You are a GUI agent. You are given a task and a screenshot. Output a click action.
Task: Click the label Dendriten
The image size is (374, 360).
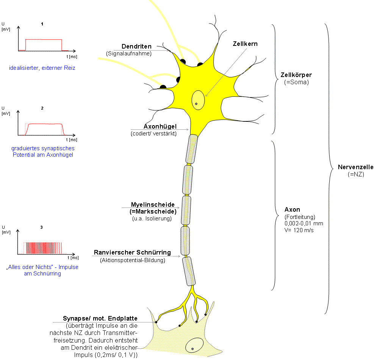136,47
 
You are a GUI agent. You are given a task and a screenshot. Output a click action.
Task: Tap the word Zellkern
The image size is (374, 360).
245,44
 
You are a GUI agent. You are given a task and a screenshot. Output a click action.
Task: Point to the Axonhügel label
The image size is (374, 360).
160,127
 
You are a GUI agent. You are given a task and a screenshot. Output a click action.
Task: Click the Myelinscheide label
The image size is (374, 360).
153,205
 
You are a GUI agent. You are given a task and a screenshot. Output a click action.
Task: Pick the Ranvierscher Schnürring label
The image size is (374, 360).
132,253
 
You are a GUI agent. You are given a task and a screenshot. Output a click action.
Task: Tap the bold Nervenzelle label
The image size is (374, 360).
355,167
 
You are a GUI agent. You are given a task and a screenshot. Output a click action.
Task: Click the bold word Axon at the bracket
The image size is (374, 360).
292,209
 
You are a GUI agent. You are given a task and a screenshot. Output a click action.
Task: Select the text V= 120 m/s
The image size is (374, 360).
299,230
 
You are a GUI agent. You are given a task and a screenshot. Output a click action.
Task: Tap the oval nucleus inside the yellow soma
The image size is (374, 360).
198,101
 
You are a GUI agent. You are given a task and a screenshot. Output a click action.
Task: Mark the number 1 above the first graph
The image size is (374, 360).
42,24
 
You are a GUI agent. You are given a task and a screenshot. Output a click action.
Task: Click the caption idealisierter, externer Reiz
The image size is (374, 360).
42,68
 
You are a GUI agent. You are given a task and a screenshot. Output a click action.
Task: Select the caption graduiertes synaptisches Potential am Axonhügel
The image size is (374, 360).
42,151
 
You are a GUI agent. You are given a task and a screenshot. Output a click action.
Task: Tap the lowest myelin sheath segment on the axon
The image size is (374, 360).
189,271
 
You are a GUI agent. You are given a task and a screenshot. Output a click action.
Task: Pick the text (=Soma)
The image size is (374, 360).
296,82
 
